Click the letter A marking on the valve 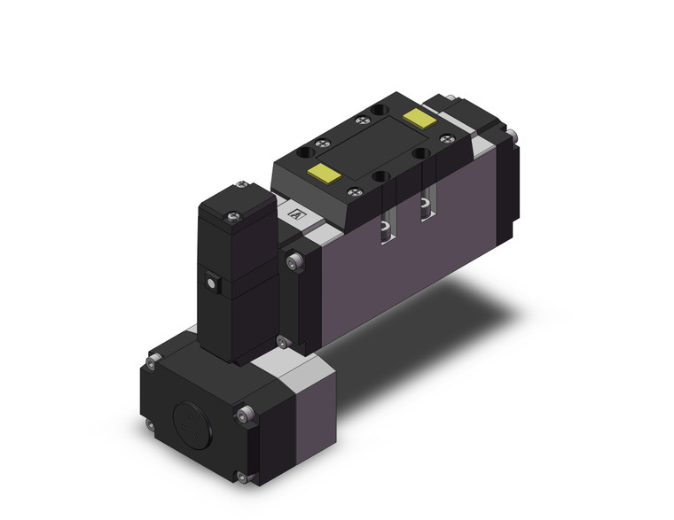click(x=296, y=213)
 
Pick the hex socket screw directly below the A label click(x=295, y=261)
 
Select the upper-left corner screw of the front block click(x=153, y=358)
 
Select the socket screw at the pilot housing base click(x=282, y=343)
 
